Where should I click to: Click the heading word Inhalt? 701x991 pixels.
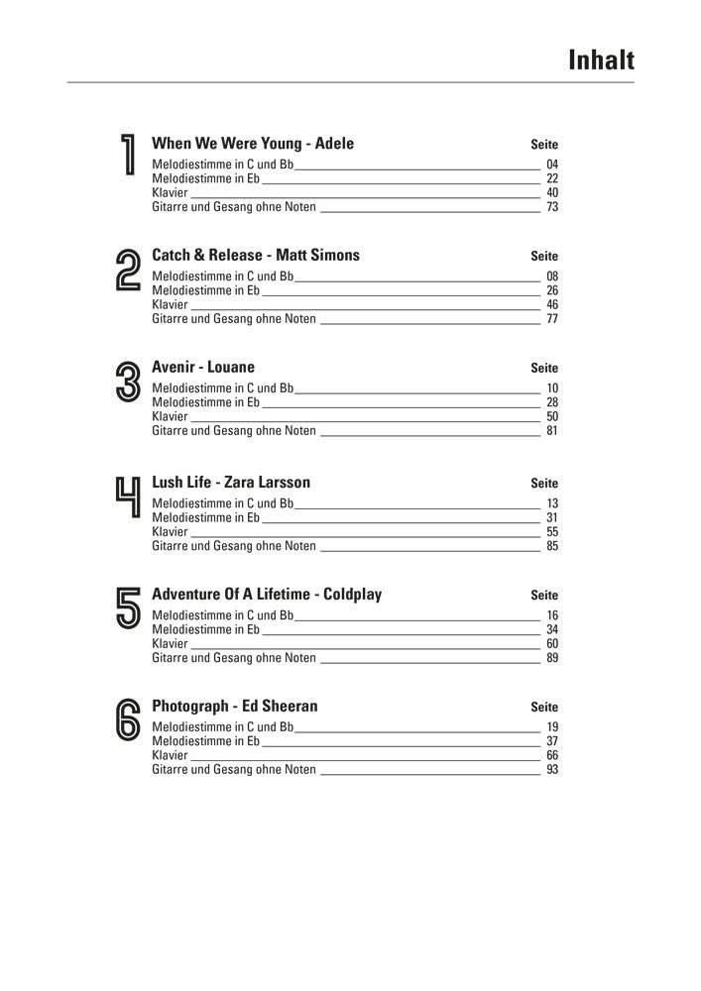click(601, 60)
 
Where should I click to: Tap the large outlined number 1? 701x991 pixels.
click(127, 156)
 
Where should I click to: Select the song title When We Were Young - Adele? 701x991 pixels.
click(253, 144)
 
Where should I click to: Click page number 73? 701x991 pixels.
click(552, 207)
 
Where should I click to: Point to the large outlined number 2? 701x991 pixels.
click(128, 270)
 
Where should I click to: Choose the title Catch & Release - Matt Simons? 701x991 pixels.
click(256, 256)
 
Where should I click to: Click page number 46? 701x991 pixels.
click(552, 305)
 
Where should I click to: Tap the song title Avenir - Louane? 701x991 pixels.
click(203, 368)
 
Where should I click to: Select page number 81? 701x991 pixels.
click(552, 431)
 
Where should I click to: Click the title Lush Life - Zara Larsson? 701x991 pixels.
click(231, 483)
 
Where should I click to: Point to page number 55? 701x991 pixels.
click(552, 532)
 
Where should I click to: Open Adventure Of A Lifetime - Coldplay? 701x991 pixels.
click(267, 595)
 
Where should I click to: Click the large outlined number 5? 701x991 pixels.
click(128, 607)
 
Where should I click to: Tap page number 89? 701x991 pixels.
click(552, 658)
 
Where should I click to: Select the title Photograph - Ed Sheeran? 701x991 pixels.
click(235, 707)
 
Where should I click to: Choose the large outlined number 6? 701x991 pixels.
click(128, 720)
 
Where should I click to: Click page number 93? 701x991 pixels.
click(552, 770)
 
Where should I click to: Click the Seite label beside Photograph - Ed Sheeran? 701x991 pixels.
click(544, 708)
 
